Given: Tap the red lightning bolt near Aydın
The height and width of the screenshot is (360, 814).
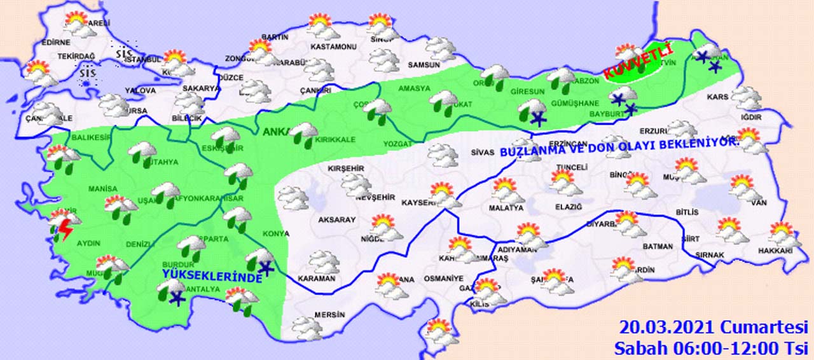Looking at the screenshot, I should click(64, 230).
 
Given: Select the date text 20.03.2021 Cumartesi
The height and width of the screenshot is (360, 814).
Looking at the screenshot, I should click(713, 328).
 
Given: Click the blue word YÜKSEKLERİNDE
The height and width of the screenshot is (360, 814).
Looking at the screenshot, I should click(212, 276).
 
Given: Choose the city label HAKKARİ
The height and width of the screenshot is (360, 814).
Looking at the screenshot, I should click(776, 251).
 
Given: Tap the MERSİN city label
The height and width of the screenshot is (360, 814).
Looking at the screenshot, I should click(329, 315).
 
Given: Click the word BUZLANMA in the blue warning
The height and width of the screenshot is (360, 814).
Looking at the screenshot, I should click(528, 153).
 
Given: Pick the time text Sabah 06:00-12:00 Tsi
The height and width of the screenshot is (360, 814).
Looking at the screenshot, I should click(710, 349).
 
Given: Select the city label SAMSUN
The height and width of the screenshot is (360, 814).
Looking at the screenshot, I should click(424, 65).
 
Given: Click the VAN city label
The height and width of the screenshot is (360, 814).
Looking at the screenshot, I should click(759, 203).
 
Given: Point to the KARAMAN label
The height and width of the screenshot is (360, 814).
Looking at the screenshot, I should click(317, 279).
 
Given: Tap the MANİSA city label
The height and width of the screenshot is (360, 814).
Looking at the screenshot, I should click(103, 190).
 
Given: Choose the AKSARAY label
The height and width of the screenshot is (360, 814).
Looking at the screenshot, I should click(337, 219).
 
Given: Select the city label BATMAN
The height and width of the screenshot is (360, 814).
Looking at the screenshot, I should click(658, 247).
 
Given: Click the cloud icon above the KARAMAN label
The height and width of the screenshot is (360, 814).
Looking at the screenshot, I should click(323, 261).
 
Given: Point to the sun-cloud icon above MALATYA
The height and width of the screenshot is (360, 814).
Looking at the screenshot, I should click(506, 190).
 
